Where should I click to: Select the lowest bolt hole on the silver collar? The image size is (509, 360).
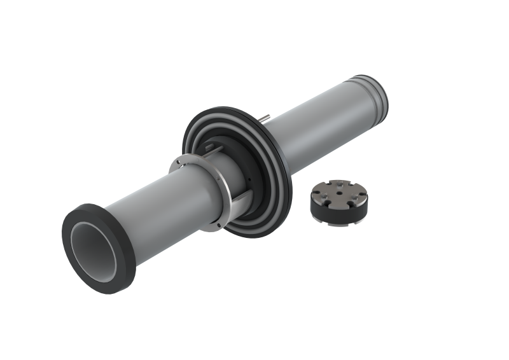[x=218, y=225]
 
